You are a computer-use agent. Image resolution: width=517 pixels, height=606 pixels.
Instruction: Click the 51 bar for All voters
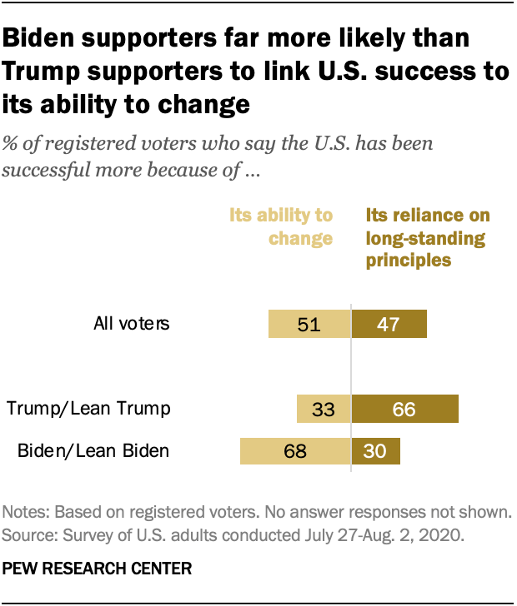(x=309, y=323)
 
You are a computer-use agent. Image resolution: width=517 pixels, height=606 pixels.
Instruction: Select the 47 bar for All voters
(x=389, y=323)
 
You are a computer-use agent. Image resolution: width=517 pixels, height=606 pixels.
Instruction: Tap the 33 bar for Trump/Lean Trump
(x=324, y=409)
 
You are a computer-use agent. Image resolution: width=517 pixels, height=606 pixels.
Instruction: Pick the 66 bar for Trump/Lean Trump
(x=404, y=409)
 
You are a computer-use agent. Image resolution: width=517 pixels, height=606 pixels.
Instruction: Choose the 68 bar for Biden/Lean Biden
(x=295, y=451)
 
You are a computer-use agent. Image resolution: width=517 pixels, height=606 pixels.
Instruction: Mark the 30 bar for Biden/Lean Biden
(x=376, y=451)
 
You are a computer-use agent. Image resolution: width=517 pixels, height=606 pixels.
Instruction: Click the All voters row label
(x=130, y=323)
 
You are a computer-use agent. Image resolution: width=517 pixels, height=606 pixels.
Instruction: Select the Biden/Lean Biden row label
(x=93, y=451)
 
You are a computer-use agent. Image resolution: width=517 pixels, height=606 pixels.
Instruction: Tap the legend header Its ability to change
(x=281, y=226)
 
